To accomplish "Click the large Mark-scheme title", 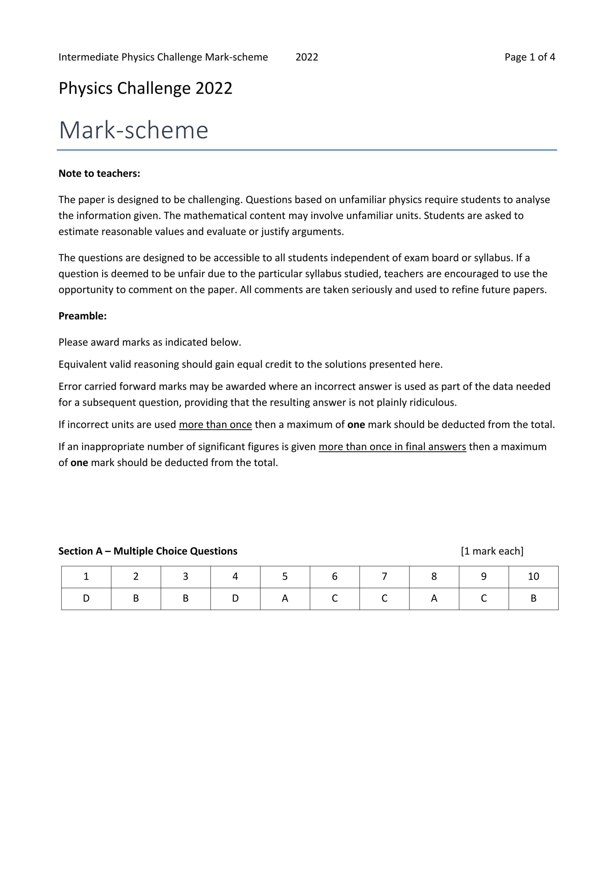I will [134, 130].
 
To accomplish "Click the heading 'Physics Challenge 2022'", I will [145, 89].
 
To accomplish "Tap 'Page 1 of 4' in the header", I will [530, 57].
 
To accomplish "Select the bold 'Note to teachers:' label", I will [99, 173].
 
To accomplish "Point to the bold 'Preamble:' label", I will [82, 316].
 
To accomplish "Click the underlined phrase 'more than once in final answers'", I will [392, 447].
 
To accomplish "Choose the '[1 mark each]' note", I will [492, 551].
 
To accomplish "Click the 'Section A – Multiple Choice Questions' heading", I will [148, 551].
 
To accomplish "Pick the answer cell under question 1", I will [86, 598].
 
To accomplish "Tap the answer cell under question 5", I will [285, 598].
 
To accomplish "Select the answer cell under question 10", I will [533, 598].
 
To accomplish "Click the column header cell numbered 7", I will [384, 576].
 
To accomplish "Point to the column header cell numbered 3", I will [185, 576].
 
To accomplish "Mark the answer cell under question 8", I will [434, 598].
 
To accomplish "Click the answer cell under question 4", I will [235, 598].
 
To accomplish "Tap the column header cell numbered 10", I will [533, 576].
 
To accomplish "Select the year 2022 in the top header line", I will [307, 57].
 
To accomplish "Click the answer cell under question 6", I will [334, 598].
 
